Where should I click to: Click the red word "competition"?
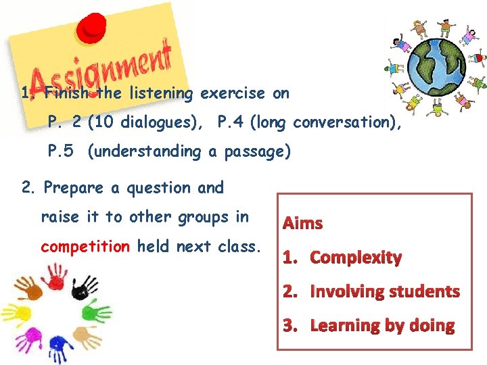tap(85, 246)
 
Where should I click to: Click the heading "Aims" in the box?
tap(303, 223)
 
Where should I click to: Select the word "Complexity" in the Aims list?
tap(356, 258)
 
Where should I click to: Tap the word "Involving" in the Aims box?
tap(342, 292)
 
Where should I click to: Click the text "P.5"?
tap(61, 151)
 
